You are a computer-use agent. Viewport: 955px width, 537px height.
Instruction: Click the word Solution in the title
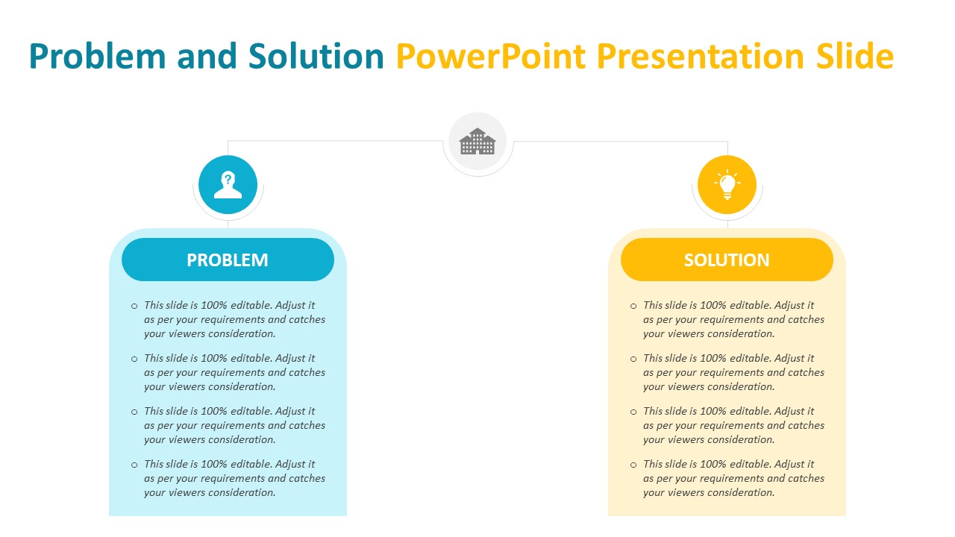click(316, 57)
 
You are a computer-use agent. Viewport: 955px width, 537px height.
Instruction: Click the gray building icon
click(477, 141)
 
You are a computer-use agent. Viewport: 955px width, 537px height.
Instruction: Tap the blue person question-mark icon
click(228, 185)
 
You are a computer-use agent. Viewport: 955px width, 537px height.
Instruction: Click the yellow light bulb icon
click(727, 185)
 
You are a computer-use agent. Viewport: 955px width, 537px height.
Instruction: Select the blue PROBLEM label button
click(228, 260)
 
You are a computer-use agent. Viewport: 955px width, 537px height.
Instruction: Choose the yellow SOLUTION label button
click(727, 260)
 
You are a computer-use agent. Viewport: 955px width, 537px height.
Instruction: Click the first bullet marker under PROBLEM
click(134, 306)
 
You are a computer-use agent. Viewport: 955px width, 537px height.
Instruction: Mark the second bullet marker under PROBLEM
click(134, 359)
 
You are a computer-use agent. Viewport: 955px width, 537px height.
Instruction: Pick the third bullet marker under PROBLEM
click(134, 412)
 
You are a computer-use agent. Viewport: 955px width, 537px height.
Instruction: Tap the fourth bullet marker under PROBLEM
click(134, 465)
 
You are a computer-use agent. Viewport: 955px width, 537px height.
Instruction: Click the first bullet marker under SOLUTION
click(633, 306)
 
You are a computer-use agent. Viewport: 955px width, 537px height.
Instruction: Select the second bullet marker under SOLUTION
click(633, 359)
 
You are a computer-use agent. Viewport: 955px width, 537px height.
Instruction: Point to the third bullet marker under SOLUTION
click(633, 412)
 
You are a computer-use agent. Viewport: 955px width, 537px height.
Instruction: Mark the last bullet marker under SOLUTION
click(633, 465)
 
